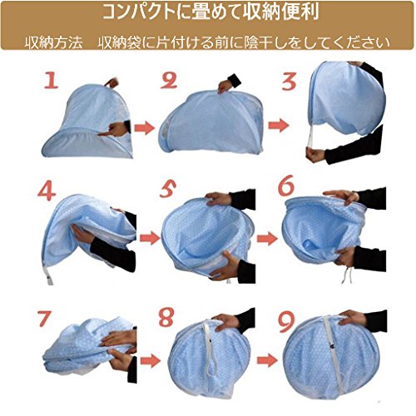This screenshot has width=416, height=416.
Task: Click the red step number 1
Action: pos(52,81)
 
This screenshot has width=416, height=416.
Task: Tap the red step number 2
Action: pos(169,81)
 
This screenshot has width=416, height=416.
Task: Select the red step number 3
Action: pos(289,82)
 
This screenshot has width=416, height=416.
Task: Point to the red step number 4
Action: pos(47,191)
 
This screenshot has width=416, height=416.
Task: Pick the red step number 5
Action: pos(168,189)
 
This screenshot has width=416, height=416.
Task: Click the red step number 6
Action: pos(286,185)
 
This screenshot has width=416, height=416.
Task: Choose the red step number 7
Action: pos(44,319)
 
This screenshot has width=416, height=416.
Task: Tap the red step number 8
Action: pos(166,317)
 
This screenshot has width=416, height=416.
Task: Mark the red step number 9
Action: pos(286,322)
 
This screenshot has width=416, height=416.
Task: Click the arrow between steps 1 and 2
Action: pos(144,128)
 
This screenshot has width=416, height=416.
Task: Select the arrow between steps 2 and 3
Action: pos(279,125)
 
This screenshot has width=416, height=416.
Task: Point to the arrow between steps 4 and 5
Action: pos(150,238)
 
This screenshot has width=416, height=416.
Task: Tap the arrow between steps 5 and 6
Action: pos(267,239)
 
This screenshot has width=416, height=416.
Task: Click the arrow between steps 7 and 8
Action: pos(151,361)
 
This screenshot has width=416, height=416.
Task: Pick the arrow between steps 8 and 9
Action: pos(267,360)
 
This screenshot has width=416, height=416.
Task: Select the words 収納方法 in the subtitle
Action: pos(53,43)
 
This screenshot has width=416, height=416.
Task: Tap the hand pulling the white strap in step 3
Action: pos(315,155)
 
